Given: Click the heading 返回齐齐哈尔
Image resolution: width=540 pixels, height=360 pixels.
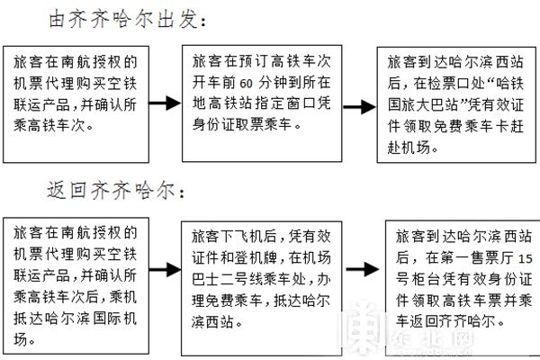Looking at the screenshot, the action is [x=115, y=190].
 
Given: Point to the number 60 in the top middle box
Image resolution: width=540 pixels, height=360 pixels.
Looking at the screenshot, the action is [x=246, y=84].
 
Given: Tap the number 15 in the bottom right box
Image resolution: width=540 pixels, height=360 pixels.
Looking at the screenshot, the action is [x=526, y=258].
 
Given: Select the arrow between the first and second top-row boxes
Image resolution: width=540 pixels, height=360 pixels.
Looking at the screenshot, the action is [x=165, y=103].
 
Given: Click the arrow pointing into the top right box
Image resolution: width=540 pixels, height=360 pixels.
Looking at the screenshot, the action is [x=359, y=107].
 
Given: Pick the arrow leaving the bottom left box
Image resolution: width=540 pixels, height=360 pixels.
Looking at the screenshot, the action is [x=165, y=269].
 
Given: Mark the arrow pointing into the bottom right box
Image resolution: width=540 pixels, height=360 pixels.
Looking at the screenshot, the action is [x=363, y=269].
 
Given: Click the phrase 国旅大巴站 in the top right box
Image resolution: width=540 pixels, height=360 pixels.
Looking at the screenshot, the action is [x=424, y=104].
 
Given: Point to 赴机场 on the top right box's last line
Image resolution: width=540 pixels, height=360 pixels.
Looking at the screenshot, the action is [x=409, y=148].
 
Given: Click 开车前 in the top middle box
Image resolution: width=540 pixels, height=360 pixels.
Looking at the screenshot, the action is [x=214, y=83].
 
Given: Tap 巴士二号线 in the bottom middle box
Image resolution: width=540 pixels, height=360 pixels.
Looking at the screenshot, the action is [x=228, y=279].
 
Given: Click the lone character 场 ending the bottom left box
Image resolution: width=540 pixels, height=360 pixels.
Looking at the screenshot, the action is [x=21, y=339].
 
